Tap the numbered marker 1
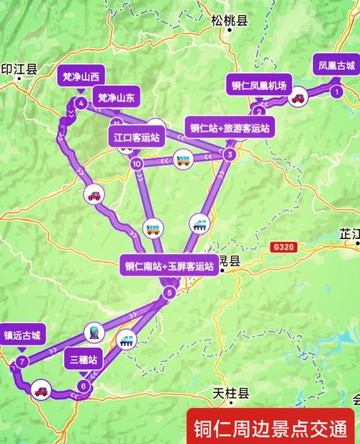[x=336, y=91]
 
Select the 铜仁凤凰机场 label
[x=259, y=85]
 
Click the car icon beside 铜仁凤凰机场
[x=296, y=99]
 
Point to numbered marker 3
[x=229, y=154]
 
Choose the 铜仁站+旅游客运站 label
[x=230, y=128]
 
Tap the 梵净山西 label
[x=80, y=76]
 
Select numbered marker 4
[x=81, y=103]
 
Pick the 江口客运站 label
[x=136, y=136]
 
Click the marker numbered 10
[x=137, y=164]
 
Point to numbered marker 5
[x=169, y=292]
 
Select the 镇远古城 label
[x=23, y=335]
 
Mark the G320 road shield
[x=284, y=247]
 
